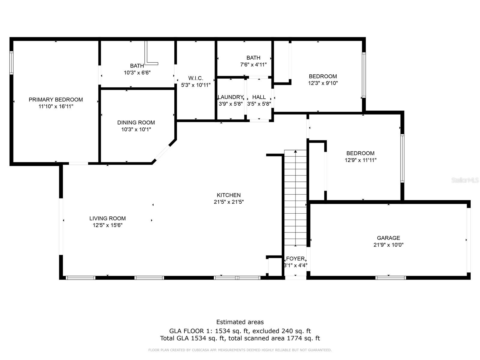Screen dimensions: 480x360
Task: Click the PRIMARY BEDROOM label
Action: [56, 100]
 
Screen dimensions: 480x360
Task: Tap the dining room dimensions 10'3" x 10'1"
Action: [136, 129]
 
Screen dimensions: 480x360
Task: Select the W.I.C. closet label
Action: [196, 78]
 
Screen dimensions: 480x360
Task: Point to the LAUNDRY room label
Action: [230, 97]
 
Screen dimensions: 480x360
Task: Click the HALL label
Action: [259, 97]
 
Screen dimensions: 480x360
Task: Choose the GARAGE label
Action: [388, 238]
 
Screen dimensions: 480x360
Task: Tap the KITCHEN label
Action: [229, 195]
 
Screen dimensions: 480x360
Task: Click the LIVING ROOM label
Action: [107, 218]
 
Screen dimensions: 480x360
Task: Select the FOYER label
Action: [295, 259]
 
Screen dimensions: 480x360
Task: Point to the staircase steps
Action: [295, 198]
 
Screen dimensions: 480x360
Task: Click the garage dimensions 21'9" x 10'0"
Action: [388, 245]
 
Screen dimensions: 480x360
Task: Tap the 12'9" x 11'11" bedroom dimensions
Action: [360, 160]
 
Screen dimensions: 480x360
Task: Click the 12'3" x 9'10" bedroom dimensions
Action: [323, 83]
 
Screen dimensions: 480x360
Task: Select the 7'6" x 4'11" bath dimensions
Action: [253, 64]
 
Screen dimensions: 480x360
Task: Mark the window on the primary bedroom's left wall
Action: [11, 63]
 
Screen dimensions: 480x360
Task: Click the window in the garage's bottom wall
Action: [391, 278]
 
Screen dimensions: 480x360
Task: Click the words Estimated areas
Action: [240, 322]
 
